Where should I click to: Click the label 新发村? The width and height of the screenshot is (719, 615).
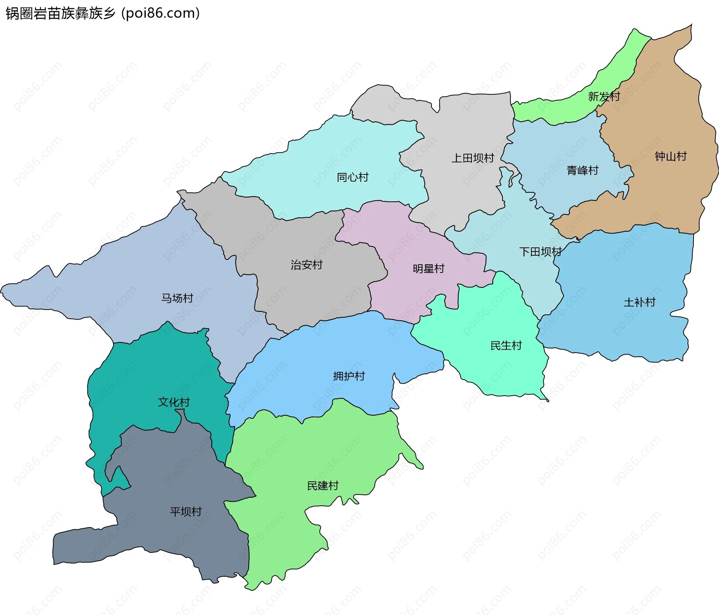(x=604, y=97)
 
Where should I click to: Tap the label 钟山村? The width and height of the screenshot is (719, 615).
(x=670, y=156)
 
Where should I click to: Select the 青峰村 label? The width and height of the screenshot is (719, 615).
(x=582, y=171)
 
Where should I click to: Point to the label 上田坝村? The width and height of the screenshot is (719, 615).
(x=473, y=158)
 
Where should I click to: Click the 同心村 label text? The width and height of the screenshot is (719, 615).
(x=352, y=177)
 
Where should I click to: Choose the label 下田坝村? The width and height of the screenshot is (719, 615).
(x=540, y=252)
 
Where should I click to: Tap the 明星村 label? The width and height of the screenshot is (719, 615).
(x=428, y=269)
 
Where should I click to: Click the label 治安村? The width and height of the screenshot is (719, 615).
(x=306, y=265)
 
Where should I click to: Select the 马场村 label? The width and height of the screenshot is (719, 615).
(x=177, y=298)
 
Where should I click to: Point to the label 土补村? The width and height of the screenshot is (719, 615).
(x=639, y=302)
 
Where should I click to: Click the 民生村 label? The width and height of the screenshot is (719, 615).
(x=506, y=345)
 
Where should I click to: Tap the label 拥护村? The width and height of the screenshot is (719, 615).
(x=349, y=376)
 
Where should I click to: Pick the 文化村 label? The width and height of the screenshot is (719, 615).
(x=174, y=402)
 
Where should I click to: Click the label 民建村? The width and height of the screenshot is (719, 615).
(x=322, y=486)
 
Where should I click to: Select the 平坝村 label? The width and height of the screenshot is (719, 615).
(x=186, y=512)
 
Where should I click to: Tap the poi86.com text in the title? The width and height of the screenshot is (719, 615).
(x=161, y=13)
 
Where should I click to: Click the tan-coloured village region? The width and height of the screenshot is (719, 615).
(x=659, y=112)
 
